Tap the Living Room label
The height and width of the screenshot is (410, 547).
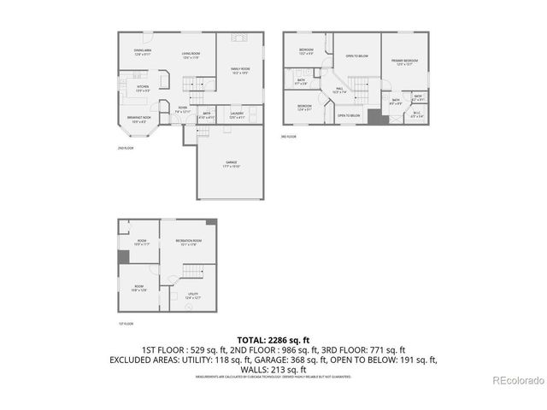pos(191,56)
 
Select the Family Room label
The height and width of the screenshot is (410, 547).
pos(239,71)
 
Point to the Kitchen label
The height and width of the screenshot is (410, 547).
pos(143,88)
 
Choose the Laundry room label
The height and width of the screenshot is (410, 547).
pos(237,114)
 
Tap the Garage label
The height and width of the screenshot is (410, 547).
pos(231,163)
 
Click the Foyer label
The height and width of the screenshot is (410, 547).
pos(183,109)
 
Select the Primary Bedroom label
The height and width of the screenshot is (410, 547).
pos(404,62)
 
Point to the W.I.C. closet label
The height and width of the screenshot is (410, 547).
pos(416,114)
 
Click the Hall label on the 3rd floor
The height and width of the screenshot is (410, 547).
pos(339,90)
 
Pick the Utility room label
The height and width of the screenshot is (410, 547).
pos(193,296)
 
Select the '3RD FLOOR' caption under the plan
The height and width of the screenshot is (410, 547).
pos(288,136)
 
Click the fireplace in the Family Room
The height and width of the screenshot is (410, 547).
pos(240,38)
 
